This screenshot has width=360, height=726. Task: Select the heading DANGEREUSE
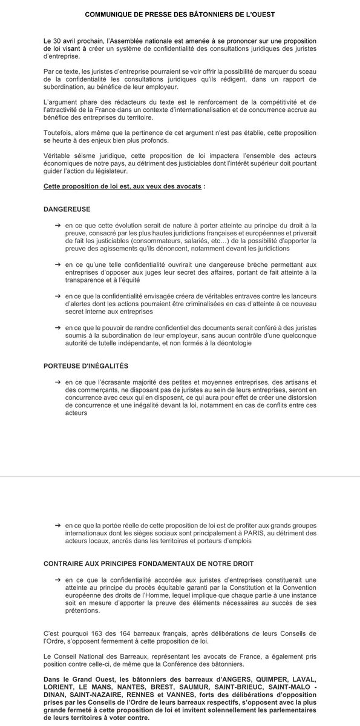67,209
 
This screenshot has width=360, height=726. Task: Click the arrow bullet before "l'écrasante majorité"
57,382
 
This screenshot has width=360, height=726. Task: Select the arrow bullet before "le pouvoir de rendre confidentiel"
57,327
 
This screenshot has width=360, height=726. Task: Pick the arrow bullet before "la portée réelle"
57,524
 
